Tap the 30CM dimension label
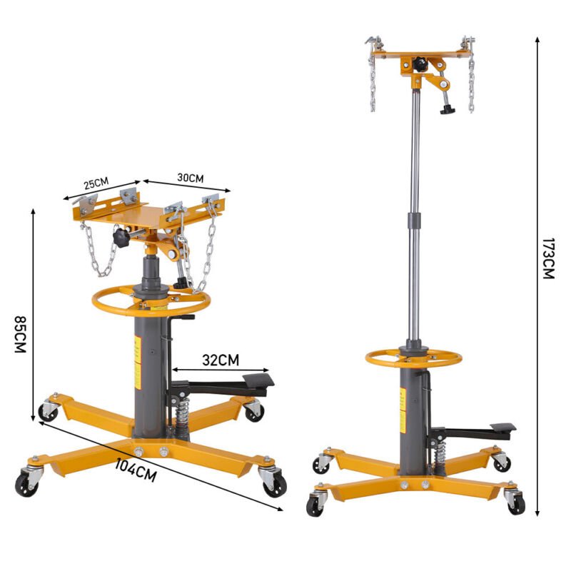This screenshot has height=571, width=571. pyautogui.click(x=191, y=178)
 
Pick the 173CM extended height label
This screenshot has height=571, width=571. pyautogui.click(x=547, y=258)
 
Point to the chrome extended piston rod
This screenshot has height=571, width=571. pyautogui.click(x=413, y=214)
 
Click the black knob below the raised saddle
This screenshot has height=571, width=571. pyautogui.click(x=448, y=110)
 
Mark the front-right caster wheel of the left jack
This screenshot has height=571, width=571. pyautogui.click(x=273, y=485)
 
